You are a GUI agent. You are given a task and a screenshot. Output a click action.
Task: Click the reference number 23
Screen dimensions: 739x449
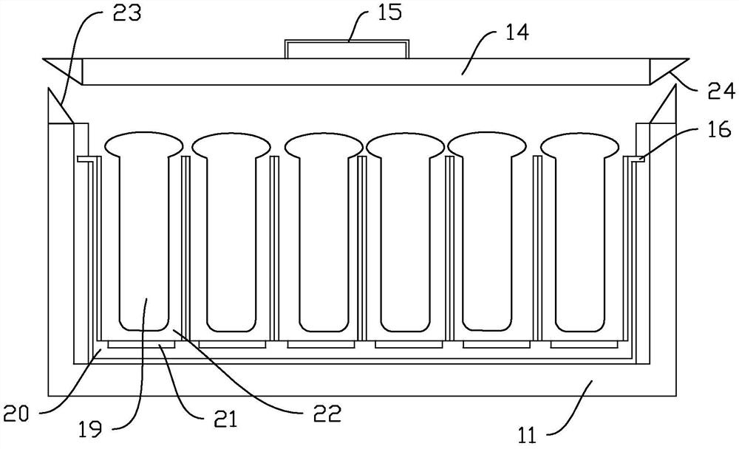[127, 14]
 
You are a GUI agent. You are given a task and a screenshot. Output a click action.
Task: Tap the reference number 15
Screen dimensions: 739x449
[389, 13]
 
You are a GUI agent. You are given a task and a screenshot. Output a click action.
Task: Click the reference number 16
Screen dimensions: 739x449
[719, 128]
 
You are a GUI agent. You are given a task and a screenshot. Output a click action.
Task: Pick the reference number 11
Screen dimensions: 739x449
[528, 435]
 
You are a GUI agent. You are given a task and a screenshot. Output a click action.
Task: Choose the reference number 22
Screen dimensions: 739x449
[327, 414]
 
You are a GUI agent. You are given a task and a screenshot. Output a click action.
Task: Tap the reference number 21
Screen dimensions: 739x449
[225, 419]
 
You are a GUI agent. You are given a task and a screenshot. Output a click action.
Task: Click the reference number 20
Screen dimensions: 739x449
[16, 414]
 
